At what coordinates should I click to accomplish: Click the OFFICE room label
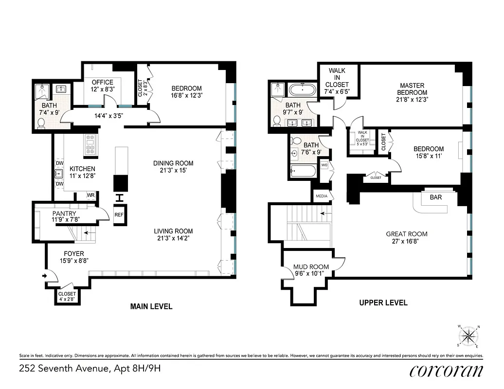tap(102, 82)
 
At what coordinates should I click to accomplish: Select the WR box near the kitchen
tap(90, 195)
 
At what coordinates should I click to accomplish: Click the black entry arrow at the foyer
tap(45, 276)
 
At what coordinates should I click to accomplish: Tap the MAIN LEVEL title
tap(151, 306)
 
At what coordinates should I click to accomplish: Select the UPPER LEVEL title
tap(383, 302)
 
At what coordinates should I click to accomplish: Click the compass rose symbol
tap(468, 335)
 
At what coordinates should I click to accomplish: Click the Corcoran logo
tap(446, 371)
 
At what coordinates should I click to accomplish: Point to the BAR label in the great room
tap(435, 198)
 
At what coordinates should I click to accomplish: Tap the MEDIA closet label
tap(321, 196)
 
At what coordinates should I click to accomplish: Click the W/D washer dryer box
tap(324, 165)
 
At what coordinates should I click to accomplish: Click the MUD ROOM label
tap(311, 266)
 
